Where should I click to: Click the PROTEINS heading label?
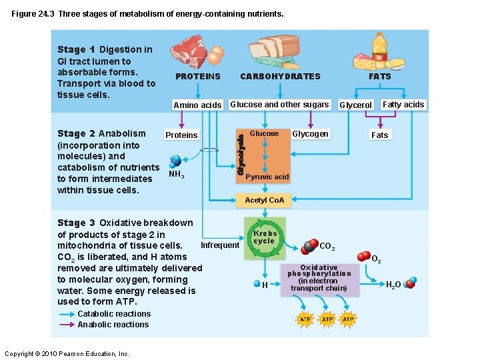197,77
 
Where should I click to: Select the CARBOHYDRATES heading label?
280,77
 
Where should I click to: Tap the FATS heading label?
380,77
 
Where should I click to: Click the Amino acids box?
197,105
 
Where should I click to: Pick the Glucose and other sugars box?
279,105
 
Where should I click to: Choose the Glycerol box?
356,105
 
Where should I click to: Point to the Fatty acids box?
403,105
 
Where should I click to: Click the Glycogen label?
310,134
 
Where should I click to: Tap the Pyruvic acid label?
267,177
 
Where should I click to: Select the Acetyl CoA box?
265,200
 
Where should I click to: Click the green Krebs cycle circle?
265,237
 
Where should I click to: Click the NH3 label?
177,175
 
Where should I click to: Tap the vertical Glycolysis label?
241,153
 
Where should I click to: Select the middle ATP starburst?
327,320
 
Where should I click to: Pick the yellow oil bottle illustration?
379,48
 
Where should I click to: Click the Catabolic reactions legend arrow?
66,314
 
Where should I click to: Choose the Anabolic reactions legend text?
113,325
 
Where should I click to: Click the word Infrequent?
220,245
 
